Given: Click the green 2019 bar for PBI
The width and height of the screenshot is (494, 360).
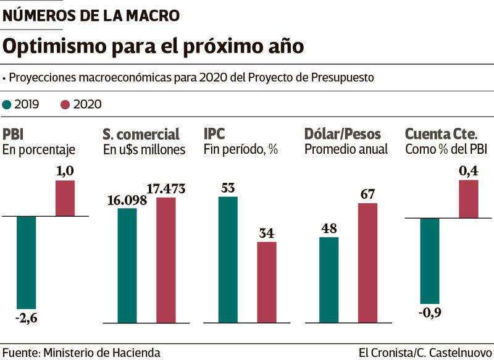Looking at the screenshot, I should pos(26,262).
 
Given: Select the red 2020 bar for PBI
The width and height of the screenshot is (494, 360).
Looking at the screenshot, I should pos(65,198).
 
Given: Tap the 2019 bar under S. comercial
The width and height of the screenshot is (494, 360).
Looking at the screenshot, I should pos(127,266).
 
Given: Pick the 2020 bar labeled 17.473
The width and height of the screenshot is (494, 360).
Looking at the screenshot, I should pos(166,260).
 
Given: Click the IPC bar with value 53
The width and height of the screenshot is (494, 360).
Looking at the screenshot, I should pos(227,260).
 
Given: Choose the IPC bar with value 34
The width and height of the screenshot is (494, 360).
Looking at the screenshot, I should pos(267,282).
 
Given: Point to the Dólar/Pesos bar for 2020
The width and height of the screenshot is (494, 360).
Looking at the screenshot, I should pos(367,262).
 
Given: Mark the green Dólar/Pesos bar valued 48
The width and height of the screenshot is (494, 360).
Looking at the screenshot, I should pos(329,280).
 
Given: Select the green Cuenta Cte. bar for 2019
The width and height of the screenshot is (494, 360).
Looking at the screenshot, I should pos(429,260).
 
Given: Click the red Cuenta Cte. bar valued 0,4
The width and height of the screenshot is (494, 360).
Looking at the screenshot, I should pos(468,199).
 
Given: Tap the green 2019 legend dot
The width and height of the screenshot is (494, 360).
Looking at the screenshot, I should pos(7,104).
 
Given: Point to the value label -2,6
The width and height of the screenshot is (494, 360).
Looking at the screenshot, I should pos(26,317).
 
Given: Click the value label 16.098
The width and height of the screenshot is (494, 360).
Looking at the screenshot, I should pos(127,200).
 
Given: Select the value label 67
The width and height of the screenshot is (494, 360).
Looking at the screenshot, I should pos(367,194).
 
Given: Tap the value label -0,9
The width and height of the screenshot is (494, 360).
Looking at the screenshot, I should pos(430,312).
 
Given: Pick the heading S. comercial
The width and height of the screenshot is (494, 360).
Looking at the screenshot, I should pos(141,134).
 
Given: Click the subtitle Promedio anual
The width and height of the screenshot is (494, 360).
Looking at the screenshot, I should pos(346,149).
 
